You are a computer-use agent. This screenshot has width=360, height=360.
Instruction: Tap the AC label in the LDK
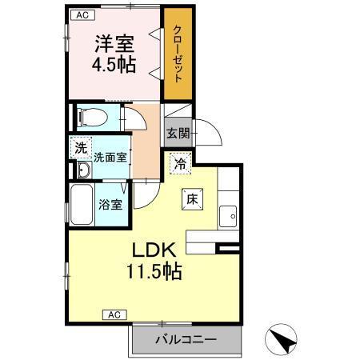coord(114,314)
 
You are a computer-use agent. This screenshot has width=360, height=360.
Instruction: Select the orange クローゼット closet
coord(177,54)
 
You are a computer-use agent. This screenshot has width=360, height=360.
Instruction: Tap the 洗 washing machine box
coord(80,146)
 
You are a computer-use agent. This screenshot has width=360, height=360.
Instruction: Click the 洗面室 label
coord(110,158)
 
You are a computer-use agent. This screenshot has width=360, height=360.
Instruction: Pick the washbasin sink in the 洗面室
coord(83,171)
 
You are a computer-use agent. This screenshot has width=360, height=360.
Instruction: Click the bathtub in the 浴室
coord(82,204)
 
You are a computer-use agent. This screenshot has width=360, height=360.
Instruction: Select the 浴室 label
coord(110,205)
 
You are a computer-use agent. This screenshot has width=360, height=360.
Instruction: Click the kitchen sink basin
coord(229,215)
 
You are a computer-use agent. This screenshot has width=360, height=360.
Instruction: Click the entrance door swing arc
coord(210,130)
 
